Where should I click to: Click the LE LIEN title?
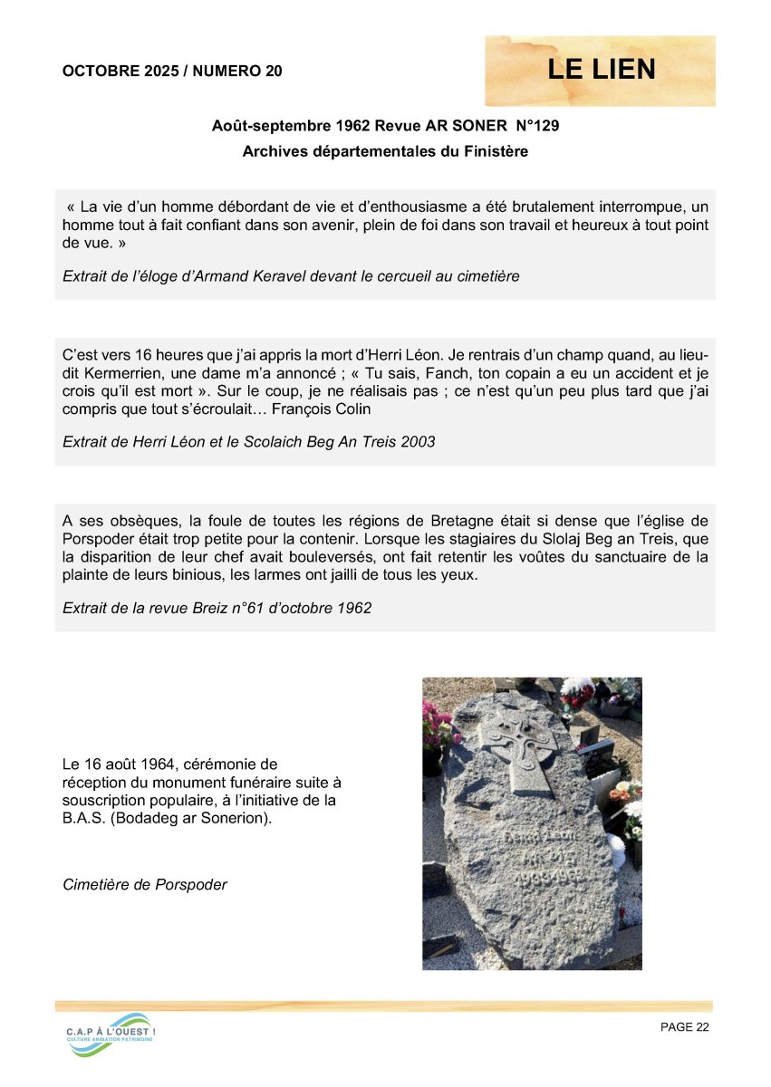[601, 70]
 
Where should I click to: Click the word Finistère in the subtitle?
[493, 151]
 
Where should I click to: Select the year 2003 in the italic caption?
[416, 442]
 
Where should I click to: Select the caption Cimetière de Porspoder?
[145, 884]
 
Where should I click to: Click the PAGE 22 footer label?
[684, 1026]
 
